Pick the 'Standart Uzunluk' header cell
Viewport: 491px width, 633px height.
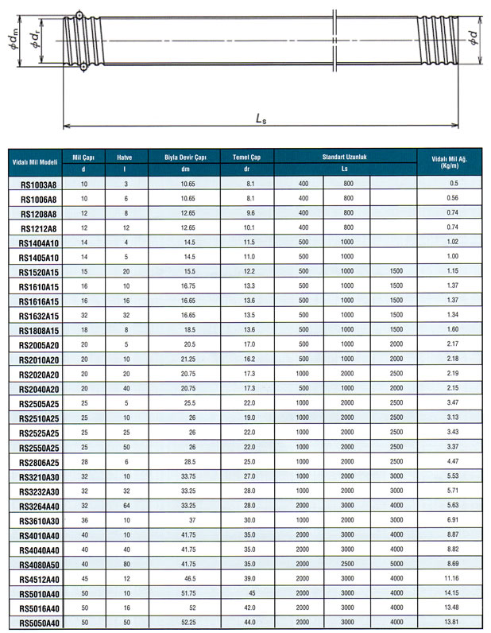point(344,157)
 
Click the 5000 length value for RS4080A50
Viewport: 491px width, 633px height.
point(394,563)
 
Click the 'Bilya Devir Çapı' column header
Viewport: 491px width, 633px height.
point(185,157)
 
